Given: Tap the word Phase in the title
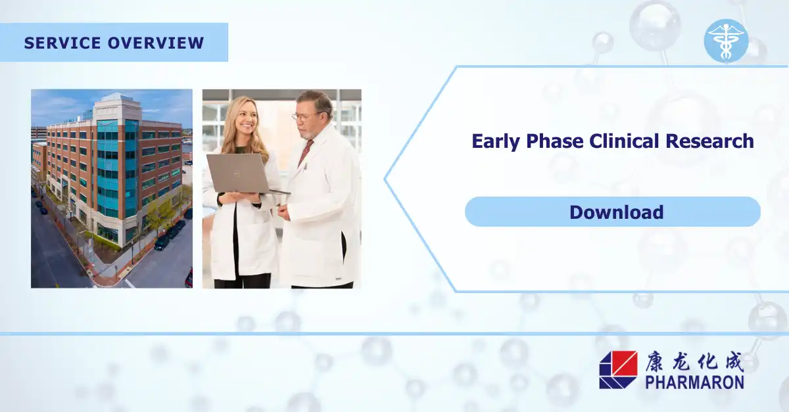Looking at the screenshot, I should click(x=554, y=141).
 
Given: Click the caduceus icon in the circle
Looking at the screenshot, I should click(x=725, y=41).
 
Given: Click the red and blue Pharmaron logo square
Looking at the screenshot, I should click(x=618, y=369).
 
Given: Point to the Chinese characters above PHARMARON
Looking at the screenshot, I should click(x=693, y=361).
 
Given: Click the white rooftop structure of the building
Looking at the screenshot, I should click(x=117, y=105).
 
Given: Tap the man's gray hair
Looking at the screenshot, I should click(x=318, y=101).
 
